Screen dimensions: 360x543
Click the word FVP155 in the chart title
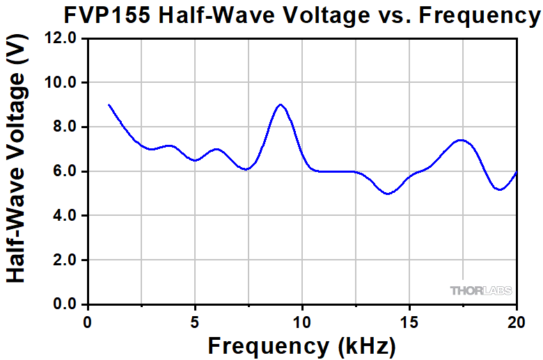(106, 15)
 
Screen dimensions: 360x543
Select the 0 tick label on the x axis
(87, 322)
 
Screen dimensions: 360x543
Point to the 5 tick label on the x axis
(195, 322)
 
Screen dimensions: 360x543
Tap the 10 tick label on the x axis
(302, 322)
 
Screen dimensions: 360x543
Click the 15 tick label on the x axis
(409, 322)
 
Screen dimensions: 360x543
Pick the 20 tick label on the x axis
(517, 322)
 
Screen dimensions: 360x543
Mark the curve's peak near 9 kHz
(281, 104)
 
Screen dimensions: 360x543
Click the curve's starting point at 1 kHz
(109, 105)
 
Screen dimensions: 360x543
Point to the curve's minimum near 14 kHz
(388, 194)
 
